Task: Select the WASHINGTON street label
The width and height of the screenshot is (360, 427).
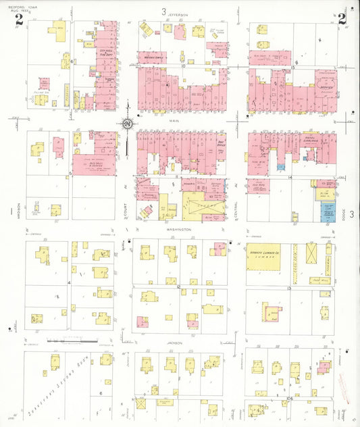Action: [x=180, y=230]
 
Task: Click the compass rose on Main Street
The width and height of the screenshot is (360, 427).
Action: [x=127, y=124]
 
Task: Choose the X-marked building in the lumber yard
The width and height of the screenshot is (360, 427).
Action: [x=312, y=253]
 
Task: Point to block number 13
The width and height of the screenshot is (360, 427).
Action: [x=288, y=288]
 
